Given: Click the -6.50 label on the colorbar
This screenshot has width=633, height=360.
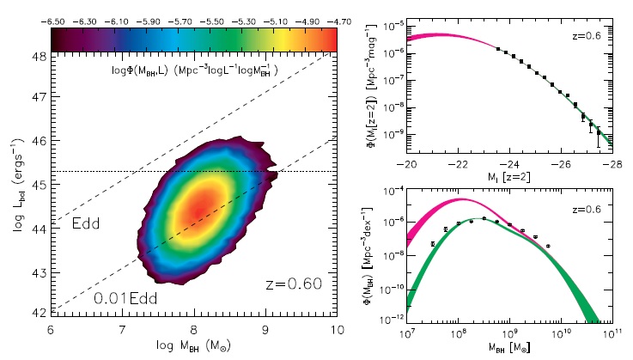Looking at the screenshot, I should tap(64, 18).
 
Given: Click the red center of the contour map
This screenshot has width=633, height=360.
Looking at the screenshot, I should tap(198, 209).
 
